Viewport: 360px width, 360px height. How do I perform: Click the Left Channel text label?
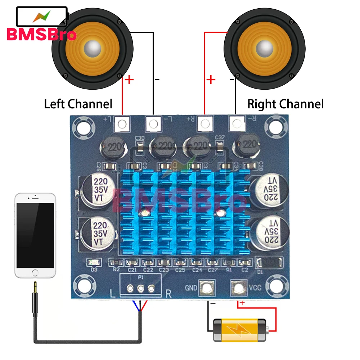78,104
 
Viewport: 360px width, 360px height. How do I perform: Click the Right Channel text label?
285,104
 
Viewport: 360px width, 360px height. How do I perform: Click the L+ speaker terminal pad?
122,124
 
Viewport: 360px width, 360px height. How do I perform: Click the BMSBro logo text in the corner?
41,35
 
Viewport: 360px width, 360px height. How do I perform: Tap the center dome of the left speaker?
93,47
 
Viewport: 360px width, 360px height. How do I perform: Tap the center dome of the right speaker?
265,47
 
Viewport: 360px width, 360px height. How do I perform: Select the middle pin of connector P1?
141,288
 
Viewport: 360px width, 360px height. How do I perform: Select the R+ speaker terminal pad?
205,124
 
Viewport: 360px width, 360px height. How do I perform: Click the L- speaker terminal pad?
153,124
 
